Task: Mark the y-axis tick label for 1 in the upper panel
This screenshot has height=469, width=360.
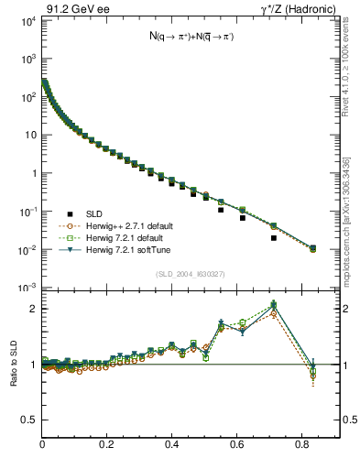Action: (33, 173)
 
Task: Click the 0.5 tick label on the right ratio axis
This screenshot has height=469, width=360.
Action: (349, 420)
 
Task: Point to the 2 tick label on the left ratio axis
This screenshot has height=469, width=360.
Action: (35, 309)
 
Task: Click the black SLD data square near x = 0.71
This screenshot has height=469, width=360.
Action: (274, 238)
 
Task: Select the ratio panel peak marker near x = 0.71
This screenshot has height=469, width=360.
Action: (274, 306)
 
